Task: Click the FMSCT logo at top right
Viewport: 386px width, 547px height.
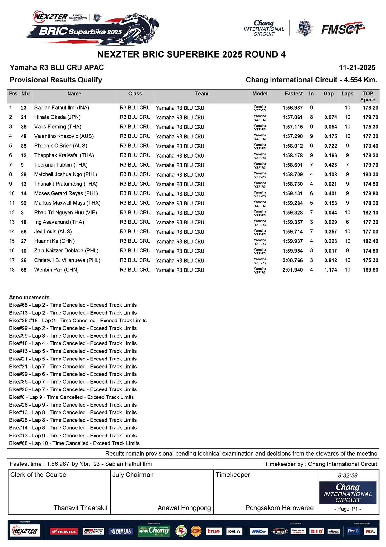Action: coord(343,29)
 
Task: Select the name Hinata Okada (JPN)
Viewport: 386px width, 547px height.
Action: coord(57,117)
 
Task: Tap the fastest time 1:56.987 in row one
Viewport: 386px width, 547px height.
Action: coord(292,108)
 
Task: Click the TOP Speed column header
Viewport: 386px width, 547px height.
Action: coord(368,97)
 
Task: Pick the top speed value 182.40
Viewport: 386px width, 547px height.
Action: coord(370,241)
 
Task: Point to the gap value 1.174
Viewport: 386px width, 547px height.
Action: coord(330,270)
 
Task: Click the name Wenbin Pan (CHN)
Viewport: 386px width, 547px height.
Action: coord(56,270)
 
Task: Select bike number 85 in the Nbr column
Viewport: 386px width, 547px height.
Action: coord(24,146)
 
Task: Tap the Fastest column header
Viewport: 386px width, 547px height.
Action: coord(293,94)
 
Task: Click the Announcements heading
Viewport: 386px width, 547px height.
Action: coord(29,297)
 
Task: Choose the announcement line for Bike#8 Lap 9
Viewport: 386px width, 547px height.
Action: coord(71,397)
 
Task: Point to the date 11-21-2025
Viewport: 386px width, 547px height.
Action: coord(357,68)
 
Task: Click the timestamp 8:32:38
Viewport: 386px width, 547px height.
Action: coord(348,475)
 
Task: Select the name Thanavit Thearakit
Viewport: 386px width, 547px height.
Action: coord(80,508)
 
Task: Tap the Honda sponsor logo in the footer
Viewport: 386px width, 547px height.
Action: coord(63,531)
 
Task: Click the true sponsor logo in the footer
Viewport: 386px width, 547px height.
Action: coord(213,531)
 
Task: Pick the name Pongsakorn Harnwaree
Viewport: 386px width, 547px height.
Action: coord(279,508)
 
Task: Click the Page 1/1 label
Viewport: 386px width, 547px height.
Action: coord(348,509)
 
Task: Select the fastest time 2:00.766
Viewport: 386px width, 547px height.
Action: coord(292,260)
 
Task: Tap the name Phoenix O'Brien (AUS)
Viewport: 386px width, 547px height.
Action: coord(60,146)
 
